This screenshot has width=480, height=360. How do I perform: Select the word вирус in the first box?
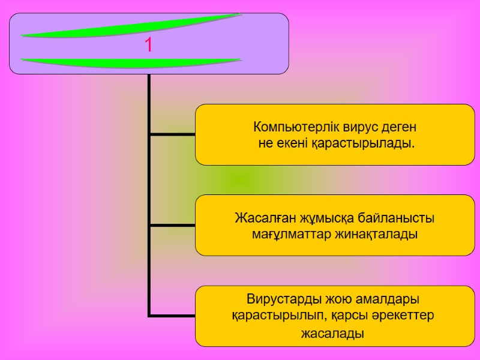pos(360,128)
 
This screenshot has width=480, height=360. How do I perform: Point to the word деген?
pos(400,128)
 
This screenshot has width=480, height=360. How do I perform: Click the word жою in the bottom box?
pos(337,299)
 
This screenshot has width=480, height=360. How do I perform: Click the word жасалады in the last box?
pos(332,333)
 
